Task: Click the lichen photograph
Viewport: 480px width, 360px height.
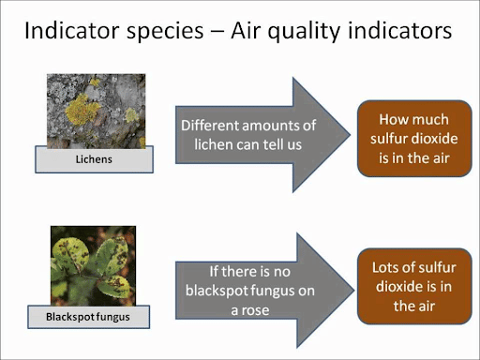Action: point(96,111)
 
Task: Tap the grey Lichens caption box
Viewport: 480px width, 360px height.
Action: point(93,159)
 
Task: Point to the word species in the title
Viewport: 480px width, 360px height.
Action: point(165,33)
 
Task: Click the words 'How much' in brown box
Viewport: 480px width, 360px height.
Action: point(413,119)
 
